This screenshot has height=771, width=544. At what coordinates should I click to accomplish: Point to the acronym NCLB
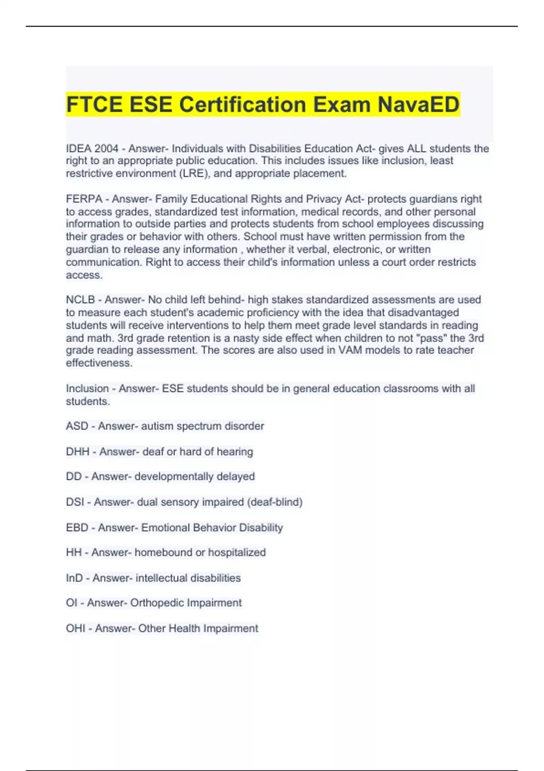coord(80,300)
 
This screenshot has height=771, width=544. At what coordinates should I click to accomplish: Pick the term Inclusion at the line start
coord(87,389)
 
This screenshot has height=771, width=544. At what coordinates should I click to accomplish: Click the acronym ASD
coord(77,426)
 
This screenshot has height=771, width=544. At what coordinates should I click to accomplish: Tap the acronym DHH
coord(78,452)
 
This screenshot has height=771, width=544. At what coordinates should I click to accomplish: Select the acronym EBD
coord(77,527)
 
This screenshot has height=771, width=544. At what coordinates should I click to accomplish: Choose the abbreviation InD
coord(74,578)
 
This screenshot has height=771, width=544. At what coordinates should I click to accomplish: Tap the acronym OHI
coord(76,628)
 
